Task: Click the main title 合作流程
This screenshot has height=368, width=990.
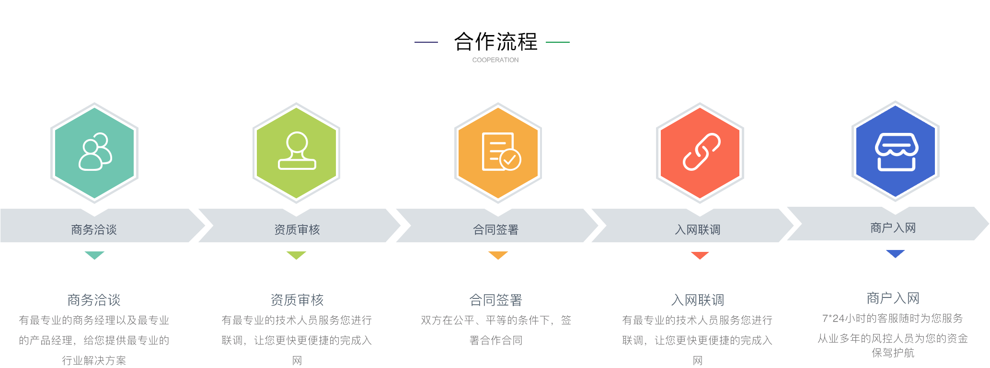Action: click(495, 42)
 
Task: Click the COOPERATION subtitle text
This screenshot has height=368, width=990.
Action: click(495, 60)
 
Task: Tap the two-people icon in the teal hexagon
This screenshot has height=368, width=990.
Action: click(95, 152)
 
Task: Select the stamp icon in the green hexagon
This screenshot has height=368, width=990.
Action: click(297, 151)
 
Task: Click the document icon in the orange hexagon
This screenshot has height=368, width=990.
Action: click(501, 152)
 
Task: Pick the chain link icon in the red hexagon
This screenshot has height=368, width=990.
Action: click(702, 152)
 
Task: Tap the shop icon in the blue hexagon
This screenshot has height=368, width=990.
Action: click(897, 152)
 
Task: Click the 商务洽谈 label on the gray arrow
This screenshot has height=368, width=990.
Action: click(94, 230)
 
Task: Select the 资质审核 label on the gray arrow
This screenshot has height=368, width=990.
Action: click(297, 230)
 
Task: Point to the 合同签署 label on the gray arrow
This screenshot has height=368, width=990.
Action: click(496, 230)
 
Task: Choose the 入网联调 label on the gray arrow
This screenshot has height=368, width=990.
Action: click(698, 230)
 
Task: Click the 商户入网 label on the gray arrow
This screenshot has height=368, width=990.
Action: click(893, 228)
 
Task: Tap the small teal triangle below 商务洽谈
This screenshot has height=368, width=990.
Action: click(94, 255)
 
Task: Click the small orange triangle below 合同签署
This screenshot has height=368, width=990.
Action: click(498, 255)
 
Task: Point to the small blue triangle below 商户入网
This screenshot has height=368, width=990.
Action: click(895, 254)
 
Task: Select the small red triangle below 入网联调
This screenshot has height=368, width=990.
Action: click(700, 255)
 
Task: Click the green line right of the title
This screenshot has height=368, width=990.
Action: click(558, 42)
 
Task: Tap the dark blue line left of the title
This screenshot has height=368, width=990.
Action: click(426, 42)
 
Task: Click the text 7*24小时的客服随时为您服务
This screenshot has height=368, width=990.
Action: click(893, 319)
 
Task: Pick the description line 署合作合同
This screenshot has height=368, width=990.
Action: click(496, 341)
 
